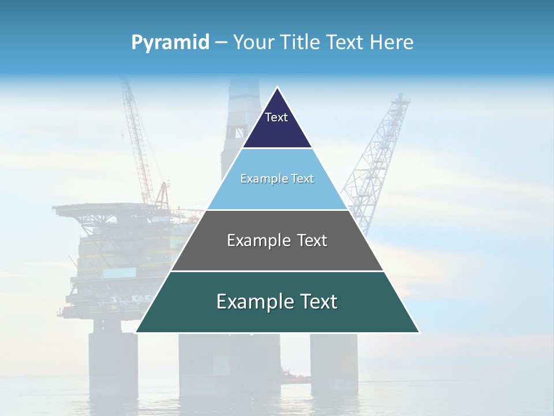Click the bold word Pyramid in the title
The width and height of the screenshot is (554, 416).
[x=170, y=42]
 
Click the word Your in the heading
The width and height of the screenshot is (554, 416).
[x=254, y=42]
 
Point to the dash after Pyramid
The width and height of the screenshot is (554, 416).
[x=221, y=43]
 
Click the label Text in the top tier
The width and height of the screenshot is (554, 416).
[x=276, y=117]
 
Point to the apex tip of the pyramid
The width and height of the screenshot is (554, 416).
[x=278, y=88]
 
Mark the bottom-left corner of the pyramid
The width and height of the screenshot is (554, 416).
[x=136, y=332]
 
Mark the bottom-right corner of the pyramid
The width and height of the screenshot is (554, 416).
[x=419, y=332]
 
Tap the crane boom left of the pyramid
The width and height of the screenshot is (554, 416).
[x=136, y=139]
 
